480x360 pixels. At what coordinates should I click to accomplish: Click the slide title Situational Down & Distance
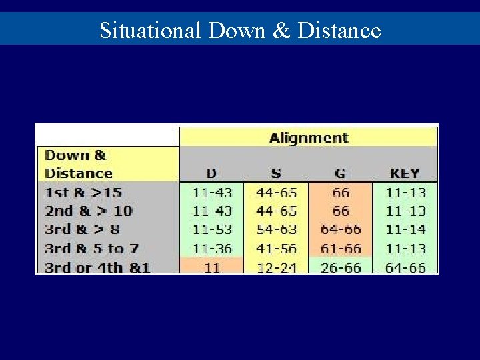coord(240,31)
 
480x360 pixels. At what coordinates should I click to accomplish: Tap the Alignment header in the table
coord(308,138)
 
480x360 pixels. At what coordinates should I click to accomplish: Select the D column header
coord(211,173)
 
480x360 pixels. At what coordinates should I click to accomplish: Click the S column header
coord(276,173)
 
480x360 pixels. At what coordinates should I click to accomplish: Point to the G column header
coord(340,173)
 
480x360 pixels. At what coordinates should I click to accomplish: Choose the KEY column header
coord(405,173)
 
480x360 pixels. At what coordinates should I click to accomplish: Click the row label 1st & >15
coord(83,193)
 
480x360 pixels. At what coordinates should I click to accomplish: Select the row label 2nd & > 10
coord(88,211)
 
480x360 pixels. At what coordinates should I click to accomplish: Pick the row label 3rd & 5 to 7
coord(91,249)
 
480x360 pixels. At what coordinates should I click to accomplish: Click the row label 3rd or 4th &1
coord(97,267)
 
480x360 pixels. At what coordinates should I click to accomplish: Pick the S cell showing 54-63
coord(276,230)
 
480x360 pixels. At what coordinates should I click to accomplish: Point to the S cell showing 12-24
coord(276,267)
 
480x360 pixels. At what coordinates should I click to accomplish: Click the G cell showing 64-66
coord(340,230)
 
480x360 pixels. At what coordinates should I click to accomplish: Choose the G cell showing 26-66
coord(340,267)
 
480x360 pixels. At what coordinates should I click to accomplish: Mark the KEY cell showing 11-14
coord(405,230)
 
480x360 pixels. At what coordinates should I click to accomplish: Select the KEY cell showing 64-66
coord(405,267)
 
